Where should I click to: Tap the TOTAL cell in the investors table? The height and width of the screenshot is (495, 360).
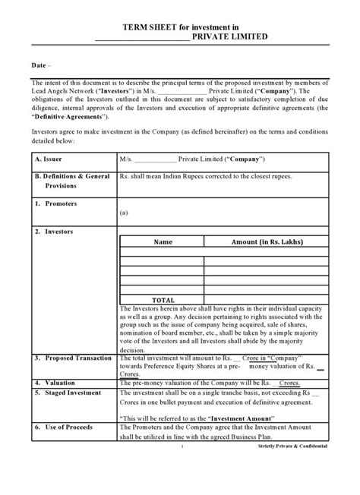point(163,299)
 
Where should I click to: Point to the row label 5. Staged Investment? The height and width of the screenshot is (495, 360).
point(68,393)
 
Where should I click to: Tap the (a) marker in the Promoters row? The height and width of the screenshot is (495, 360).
point(124,215)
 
